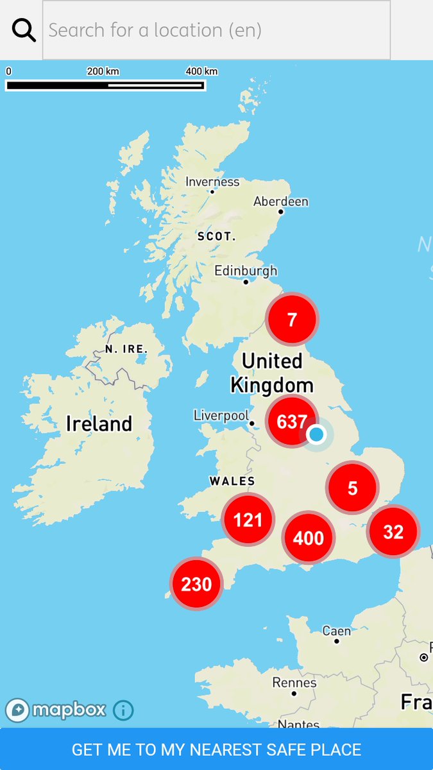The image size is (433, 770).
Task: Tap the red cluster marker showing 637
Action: point(292,422)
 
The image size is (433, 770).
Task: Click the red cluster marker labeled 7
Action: point(293,319)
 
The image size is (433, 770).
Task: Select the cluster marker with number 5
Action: point(352,488)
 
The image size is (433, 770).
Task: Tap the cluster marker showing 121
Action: point(248,520)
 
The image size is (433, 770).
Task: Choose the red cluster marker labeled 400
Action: point(309,538)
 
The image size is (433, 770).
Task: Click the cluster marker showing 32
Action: point(393,531)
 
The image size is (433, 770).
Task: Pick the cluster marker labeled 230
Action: point(196,584)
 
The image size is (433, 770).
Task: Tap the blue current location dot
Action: point(316,434)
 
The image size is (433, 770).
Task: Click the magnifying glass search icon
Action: point(24,30)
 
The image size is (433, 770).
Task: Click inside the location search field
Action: point(216,30)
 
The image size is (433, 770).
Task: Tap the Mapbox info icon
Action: point(123,710)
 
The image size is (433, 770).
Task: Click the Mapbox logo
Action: point(56,710)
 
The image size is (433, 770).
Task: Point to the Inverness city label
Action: point(212,182)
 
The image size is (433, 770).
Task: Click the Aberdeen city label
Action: point(281,201)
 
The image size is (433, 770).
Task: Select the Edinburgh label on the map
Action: point(246,271)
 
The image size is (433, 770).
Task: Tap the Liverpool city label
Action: point(221,416)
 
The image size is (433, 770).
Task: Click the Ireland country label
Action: point(99,424)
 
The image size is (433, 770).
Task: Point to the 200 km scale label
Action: point(103,71)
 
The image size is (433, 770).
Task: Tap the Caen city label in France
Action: point(336,631)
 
